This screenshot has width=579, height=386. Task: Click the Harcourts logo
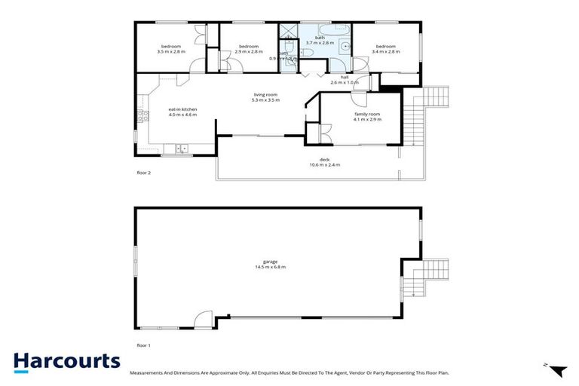coord(66,361)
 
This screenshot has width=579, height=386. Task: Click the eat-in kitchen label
coord(182,110)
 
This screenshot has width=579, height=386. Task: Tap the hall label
coord(345,77)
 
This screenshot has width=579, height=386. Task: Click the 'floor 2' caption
coord(144,173)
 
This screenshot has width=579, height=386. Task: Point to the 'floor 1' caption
coord(144,345)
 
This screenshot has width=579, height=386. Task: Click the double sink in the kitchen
coord(182,148)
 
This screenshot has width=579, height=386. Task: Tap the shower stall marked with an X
coord(288,32)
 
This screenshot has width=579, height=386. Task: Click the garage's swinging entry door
coord(204,321)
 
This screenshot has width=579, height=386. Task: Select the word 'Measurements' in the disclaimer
coord(150,372)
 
